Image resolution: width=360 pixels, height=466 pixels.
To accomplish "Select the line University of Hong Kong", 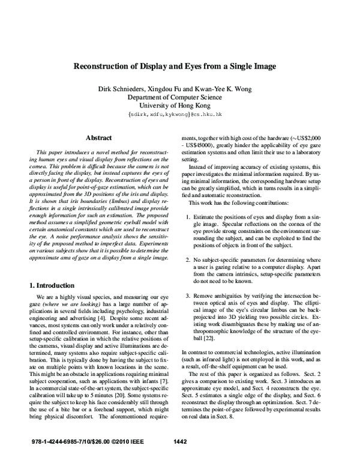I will [180, 106].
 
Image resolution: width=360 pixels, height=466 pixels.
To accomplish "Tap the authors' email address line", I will [180, 114].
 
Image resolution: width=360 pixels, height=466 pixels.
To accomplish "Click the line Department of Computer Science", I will [180, 98].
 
